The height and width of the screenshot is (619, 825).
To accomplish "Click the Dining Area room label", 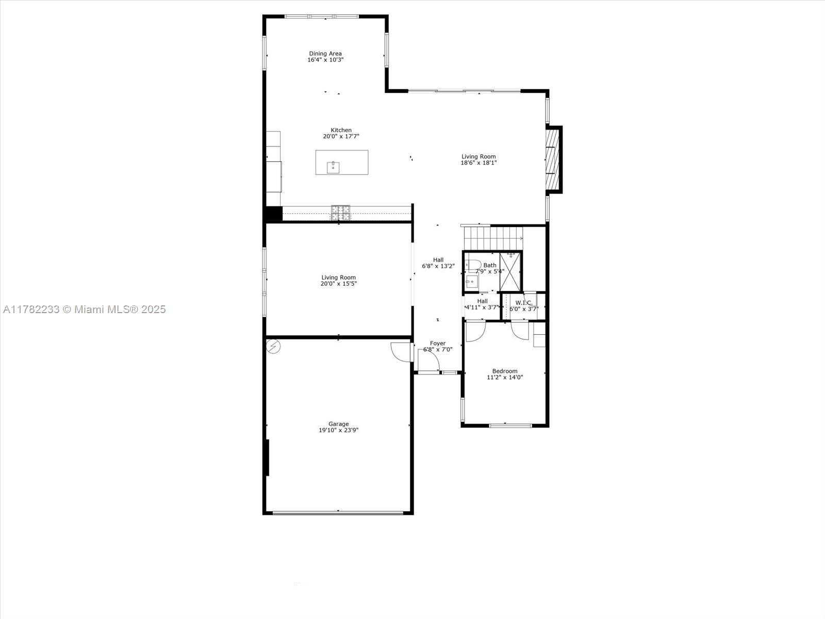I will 325,54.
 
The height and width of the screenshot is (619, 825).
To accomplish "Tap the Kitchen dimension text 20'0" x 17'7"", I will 341,137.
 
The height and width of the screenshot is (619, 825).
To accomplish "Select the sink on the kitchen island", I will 333,168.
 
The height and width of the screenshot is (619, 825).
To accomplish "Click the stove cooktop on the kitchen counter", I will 340,212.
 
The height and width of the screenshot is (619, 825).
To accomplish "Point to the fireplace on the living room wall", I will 553,160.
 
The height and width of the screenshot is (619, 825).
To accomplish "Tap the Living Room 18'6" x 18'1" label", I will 478,160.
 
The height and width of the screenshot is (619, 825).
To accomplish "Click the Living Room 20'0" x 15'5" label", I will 338,281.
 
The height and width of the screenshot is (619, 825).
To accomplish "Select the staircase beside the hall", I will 493,238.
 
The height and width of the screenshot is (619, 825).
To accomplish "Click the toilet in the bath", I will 472,265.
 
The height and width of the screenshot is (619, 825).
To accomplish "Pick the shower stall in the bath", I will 510,271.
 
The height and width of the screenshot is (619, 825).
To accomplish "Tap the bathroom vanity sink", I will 471,282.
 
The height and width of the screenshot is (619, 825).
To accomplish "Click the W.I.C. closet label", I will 523,303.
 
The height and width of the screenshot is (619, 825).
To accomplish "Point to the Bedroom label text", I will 505,371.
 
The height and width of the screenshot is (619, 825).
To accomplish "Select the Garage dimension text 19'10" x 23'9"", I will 338,430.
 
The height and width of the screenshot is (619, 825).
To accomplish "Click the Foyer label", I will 438,344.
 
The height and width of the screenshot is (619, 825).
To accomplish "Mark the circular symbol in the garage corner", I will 273,346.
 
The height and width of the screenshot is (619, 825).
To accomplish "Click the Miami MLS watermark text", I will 85,309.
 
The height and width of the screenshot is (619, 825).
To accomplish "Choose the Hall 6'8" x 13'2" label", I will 438,263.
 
